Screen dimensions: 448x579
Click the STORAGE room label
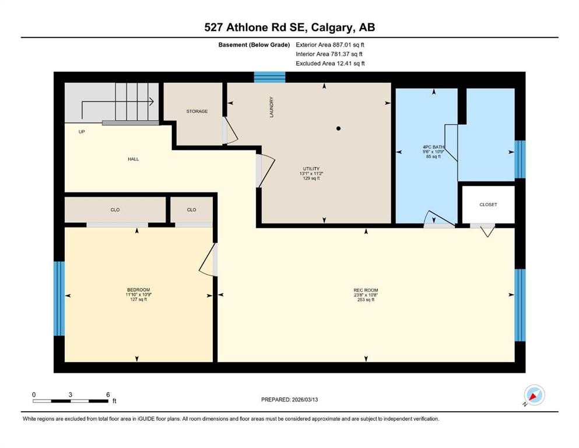(x=196, y=111)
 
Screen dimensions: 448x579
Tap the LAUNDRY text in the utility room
(x=271, y=107)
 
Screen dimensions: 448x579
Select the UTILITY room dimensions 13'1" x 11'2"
(x=310, y=173)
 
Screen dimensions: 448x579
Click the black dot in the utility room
(x=338, y=128)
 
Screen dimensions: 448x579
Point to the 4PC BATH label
(x=432, y=146)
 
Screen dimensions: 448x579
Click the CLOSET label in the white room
(x=488, y=205)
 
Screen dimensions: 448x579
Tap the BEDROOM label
(x=138, y=290)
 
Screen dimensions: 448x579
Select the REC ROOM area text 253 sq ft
(x=366, y=300)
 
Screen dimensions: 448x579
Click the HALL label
(x=134, y=159)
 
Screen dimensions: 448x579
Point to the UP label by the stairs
(x=82, y=132)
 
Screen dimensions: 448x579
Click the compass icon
(x=534, y=396)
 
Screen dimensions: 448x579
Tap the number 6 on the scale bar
(x=108, y=394)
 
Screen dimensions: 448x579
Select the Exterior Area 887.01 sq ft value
(x=331, y=44)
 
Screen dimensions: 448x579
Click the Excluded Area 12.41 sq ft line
(x=331, y=64)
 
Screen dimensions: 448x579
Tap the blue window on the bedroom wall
(x=58, y=299)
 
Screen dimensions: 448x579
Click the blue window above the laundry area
(x=269, y=77)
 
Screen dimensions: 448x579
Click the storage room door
(x=230, y=131)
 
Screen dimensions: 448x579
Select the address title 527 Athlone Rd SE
(x=258, y=27)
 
